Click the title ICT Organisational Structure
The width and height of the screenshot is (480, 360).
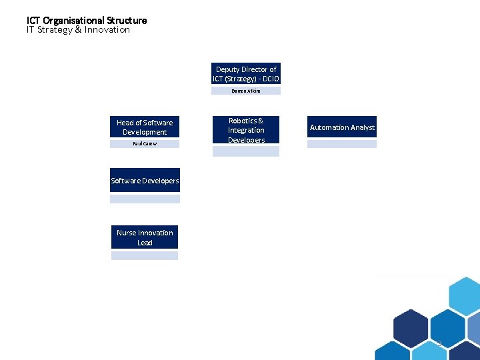pos(87,20)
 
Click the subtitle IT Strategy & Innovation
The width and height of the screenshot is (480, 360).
pos(78,30)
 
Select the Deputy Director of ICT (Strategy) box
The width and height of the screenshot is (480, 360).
pos(245,74)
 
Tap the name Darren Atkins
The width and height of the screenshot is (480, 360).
pos(246,91)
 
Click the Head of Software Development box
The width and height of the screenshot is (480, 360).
pos(145,127)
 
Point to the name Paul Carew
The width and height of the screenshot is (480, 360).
pos(145,143)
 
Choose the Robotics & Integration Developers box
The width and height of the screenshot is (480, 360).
pos(246,130)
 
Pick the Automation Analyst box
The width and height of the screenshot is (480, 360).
pos(342,127)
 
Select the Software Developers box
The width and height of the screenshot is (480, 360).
pos(145,181)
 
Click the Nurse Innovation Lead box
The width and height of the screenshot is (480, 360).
pos(145,237)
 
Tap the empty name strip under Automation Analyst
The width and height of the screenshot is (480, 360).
pos(342,143)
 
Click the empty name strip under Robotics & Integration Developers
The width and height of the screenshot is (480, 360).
pos(246,151)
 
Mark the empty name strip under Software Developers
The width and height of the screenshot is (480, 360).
pos(145,198)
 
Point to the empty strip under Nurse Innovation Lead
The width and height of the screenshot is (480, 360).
pos(145,255)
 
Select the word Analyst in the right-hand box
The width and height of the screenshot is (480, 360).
pos(362,127)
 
